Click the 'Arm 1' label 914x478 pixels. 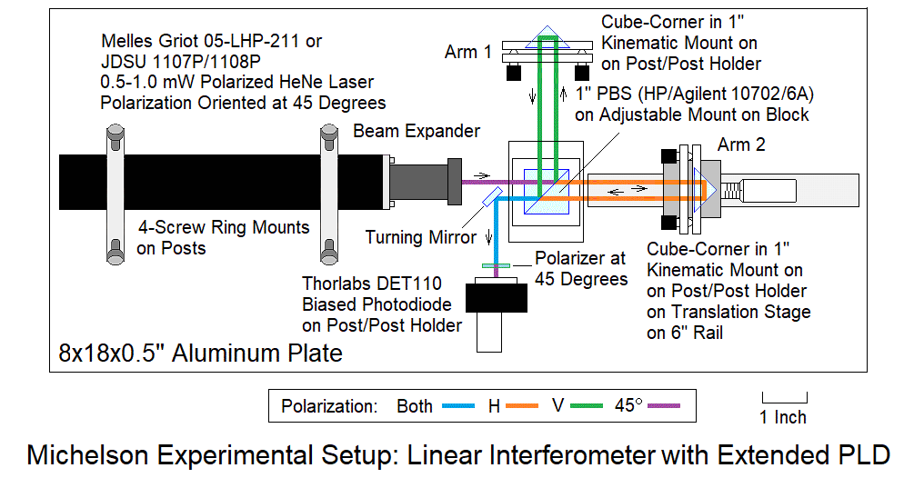[467, 52]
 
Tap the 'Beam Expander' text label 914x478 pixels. [417, 131]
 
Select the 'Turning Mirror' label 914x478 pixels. [421, 237]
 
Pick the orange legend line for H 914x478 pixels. [527, 406]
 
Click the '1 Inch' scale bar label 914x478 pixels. [784, 417]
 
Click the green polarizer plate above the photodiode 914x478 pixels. [498, 265]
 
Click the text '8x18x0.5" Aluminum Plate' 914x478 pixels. [201, 352]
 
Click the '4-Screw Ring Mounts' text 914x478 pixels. [224, 227]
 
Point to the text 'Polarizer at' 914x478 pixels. [579, 258]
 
